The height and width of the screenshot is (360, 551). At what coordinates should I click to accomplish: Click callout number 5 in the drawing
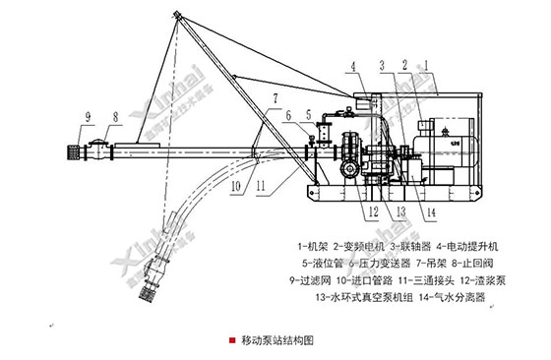[x=308, y=115]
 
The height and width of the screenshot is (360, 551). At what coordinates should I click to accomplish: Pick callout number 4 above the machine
[x=349, y=65]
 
